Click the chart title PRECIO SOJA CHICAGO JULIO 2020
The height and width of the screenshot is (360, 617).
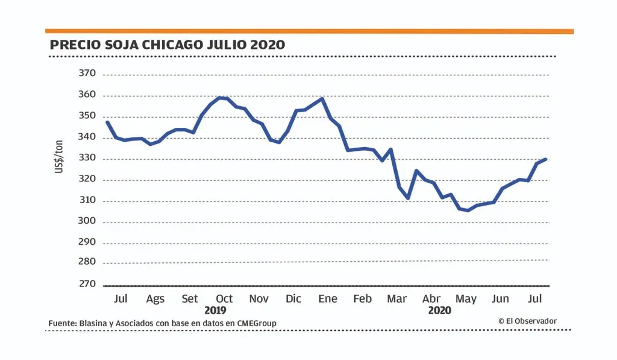[168, 45]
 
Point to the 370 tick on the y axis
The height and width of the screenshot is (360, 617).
[87, 74]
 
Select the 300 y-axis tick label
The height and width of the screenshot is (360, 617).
[87, 222]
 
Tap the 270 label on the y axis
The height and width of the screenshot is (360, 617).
[87, 284]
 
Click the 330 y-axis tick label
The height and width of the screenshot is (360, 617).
[87, 159]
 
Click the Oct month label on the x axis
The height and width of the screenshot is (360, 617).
[224, 299]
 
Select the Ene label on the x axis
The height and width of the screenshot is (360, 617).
[328, 299]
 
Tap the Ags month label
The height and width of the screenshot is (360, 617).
[155, 299]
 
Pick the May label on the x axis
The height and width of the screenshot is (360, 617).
[466, 299]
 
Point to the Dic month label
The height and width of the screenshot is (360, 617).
[293, 299]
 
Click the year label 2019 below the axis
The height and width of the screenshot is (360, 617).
[215, 311]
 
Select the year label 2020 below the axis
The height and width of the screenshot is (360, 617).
[439, 311]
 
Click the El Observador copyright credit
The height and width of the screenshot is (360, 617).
[527, 321]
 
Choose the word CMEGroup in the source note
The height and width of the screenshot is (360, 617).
[255, 324]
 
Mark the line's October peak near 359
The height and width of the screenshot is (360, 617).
[219, 97]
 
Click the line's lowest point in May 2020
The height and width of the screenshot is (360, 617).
[468, 210]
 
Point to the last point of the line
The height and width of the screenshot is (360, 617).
[545, 159]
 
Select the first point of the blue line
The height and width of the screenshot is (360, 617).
[107, 122]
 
